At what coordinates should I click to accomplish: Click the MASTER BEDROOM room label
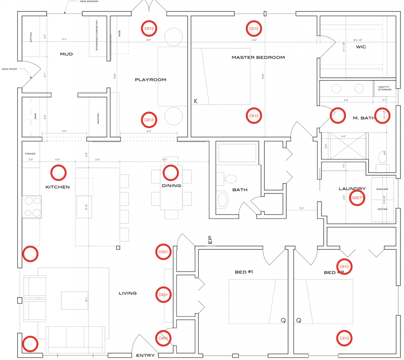[x=258, y=57]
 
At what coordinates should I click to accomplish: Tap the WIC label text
[x=361, y=47]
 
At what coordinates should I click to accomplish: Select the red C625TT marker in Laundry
[x=357, y=198]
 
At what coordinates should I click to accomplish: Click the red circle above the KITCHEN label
[x=58, y=172]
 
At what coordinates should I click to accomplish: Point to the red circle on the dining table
[x=171, y=172]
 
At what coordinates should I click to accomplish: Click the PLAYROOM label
[x=150, y=80]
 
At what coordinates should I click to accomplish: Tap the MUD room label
[x=66, y=54]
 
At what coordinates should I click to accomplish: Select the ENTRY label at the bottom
[x=145, y=355]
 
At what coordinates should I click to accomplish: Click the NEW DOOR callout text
[x=10, y=69]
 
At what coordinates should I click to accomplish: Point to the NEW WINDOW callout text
[x=89, y=1]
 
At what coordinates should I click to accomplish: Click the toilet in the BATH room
[x=230, y=179]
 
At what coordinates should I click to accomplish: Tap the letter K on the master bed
[x=196, y=101]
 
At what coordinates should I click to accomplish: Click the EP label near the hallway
[x=210, y=240]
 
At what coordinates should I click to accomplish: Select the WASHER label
[x=382, y=189]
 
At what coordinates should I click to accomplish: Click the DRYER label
[x=382, y=209]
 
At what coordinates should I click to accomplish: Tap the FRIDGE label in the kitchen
[x=30, y=154]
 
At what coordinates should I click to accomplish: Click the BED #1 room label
[x=244, y=272]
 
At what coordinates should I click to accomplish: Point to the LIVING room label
[x=127, y=293]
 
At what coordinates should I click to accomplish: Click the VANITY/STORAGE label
[x=385, y=88]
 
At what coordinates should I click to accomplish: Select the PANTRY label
[x=98, y=118]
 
